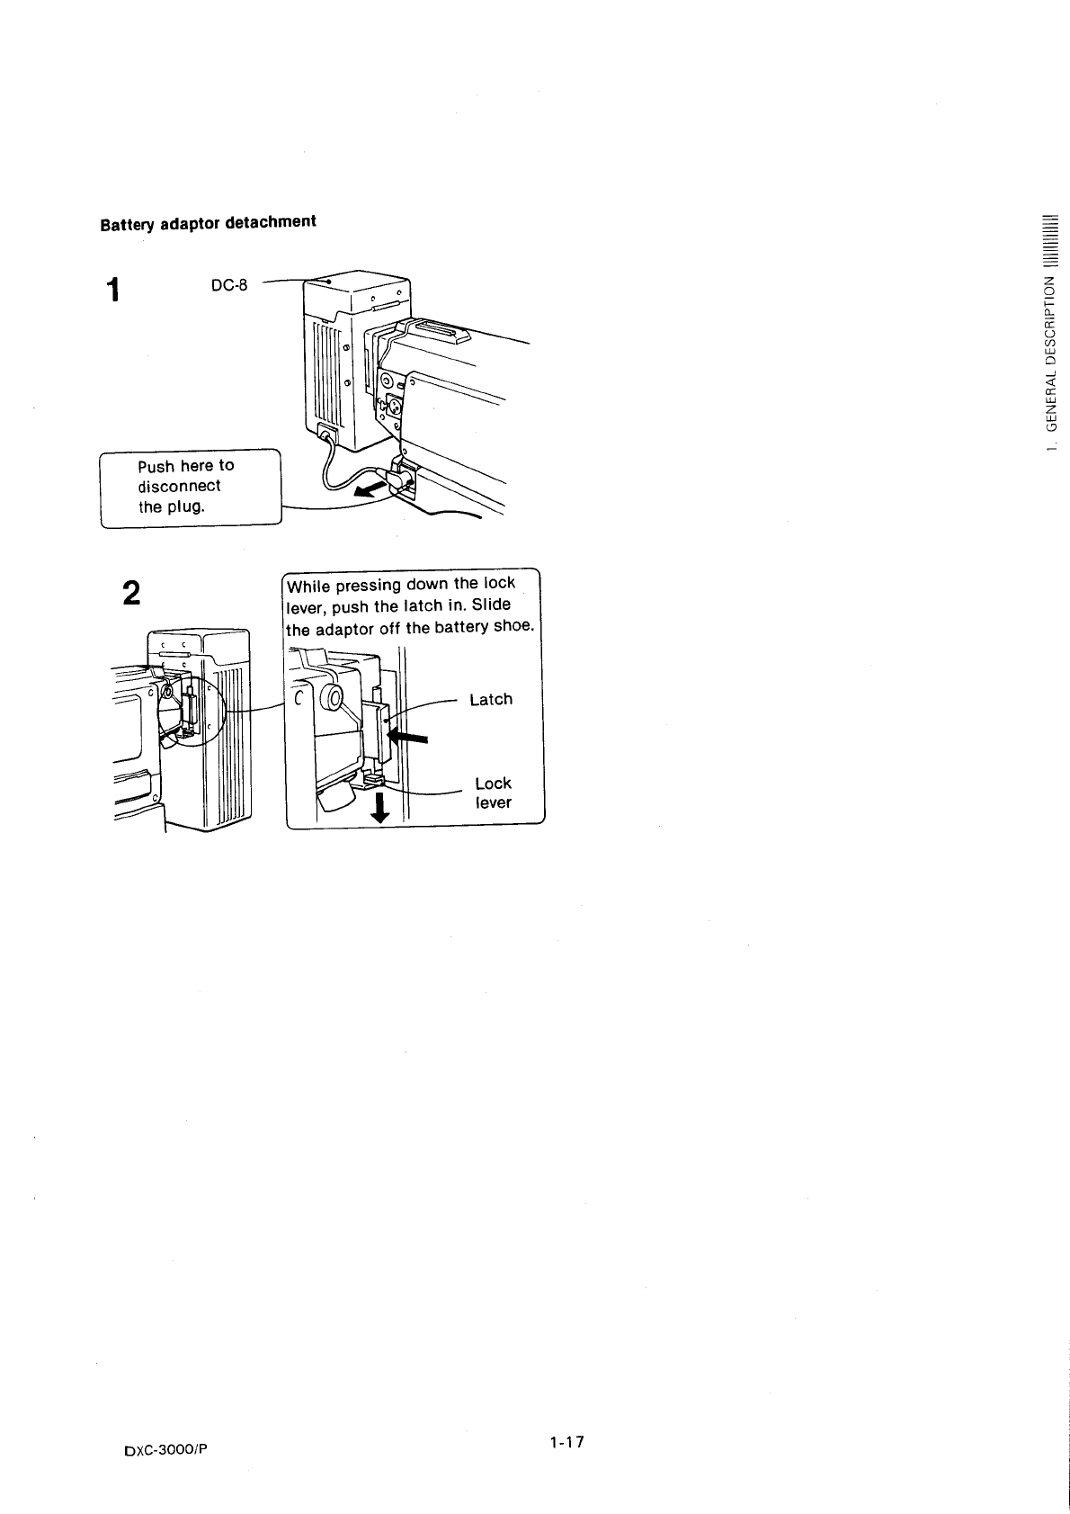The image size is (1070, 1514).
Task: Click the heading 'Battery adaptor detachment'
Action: (208, 222)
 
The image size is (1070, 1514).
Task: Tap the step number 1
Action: (111, 291)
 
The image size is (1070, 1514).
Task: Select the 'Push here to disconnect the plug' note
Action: (190, 486)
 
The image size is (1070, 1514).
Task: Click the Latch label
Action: (491, 699)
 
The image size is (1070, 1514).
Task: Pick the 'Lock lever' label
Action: (493, 793)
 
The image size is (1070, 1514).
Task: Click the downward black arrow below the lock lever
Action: (380, 807)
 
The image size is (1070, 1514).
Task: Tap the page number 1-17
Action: (567, 1442)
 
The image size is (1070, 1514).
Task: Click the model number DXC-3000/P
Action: (171, 1449)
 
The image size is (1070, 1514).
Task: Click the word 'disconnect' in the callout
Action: (179, 486)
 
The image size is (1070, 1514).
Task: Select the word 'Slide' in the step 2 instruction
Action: (492, 605)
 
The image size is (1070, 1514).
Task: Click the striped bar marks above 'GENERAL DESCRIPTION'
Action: (1049, 242)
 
